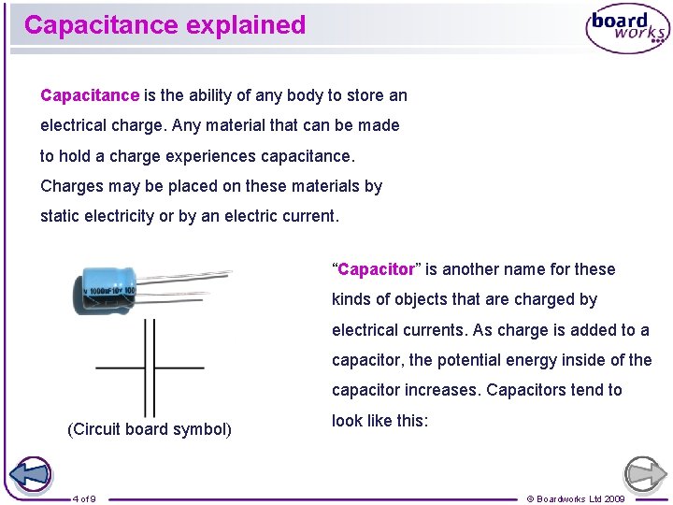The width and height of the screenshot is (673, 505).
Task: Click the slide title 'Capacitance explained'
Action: (x=165, y=25)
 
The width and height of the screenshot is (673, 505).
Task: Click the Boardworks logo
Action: (x=626, y=29)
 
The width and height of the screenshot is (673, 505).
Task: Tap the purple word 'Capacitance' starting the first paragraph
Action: (x=90, y=95)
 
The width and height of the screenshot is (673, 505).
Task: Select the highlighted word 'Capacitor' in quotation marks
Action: (x=376, y=269)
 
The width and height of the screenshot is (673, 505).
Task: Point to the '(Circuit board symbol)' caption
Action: (x=150, y=429)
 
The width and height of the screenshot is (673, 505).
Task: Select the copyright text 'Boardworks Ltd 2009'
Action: (x=580, y=498)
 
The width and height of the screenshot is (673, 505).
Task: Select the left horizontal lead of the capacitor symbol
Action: (x=120, y=368)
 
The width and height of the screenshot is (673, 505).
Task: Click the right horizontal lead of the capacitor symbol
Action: (x=179, y=368)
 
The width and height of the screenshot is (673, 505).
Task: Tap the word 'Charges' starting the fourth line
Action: (x=71, y=186)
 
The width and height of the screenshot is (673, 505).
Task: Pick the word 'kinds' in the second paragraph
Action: (x=351, y=299)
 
